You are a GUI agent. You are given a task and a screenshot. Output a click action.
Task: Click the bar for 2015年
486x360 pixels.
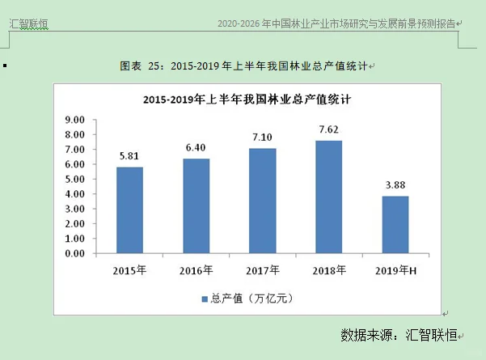point(129,210)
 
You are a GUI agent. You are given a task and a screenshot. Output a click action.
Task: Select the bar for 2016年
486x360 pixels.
point(196,206)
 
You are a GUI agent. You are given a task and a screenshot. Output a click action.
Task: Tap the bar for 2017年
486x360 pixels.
point(262,201)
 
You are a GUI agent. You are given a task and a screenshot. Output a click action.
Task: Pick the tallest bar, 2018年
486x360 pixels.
point(328,197)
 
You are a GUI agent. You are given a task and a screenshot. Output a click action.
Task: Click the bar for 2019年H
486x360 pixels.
point(395,225)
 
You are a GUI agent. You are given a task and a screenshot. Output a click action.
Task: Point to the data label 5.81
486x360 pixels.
point(129,155)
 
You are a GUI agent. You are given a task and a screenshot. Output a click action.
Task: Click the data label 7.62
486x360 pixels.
point(329,129)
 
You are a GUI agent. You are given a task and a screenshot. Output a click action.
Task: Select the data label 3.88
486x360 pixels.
point(395,184)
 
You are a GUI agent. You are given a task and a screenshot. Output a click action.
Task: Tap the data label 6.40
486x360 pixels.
point(196,147)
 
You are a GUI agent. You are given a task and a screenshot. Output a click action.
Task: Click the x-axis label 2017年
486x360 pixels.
point(262,269)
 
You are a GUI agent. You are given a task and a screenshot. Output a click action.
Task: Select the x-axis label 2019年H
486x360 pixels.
point(395,269)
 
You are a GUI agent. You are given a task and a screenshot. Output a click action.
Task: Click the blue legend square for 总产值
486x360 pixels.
point(205,299)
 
